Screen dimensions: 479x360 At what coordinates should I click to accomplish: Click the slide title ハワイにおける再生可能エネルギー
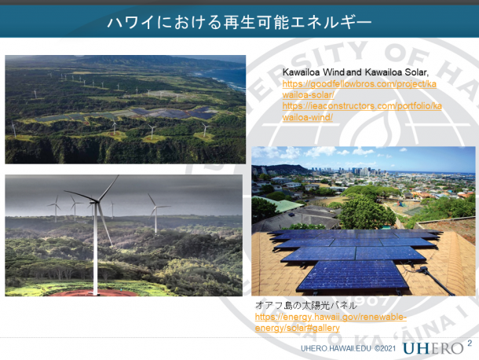239,23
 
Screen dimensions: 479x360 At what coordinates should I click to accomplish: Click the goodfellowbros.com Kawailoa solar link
360,90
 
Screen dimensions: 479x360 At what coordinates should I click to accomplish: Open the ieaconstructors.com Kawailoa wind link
362,112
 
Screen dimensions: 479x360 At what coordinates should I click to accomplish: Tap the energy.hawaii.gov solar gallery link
331,322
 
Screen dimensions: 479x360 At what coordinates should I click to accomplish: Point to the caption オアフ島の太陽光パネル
305,305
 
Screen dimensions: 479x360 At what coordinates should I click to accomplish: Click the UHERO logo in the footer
433,348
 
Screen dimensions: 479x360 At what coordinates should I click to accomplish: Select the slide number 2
470,343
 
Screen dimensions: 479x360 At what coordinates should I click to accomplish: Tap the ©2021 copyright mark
385,348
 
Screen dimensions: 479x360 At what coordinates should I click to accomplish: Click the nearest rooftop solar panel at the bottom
353,276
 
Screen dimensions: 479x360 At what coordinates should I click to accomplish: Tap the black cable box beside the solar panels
423,270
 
